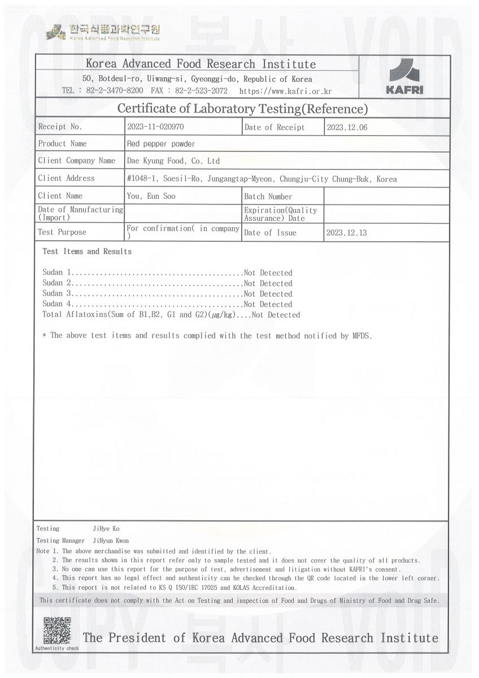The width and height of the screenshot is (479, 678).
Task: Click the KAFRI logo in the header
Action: (x=404, y=76)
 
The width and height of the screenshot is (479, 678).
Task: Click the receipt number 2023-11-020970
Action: (x=155, y=127)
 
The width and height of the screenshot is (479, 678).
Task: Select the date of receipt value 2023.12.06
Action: (x=347, y=127)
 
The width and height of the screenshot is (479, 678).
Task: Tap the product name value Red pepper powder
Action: (x=161, y=144)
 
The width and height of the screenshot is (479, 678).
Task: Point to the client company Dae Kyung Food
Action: (x=173, y=161)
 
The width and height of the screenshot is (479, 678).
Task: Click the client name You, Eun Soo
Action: (x=151, y=196)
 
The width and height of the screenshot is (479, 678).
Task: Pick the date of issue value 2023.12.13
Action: (x=347, y=232)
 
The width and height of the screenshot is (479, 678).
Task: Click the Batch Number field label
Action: (x=268, y=197)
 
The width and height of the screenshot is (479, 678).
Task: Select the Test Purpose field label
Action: (x=62, y=232)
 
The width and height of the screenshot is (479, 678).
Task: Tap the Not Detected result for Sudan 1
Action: (x=268, y=273)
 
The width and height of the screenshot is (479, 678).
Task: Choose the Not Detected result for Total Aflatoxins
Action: (x=276, y=315)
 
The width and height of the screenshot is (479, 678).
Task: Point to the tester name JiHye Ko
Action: (x=106, y=529)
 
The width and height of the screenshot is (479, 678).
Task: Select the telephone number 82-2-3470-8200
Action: (x=115, y=90)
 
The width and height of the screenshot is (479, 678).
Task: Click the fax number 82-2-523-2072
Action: (x=202, y=90)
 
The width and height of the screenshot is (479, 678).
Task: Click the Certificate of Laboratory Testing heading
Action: (x=242, y=108)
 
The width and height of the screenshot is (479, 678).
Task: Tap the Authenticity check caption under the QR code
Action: (x=57, y=649)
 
